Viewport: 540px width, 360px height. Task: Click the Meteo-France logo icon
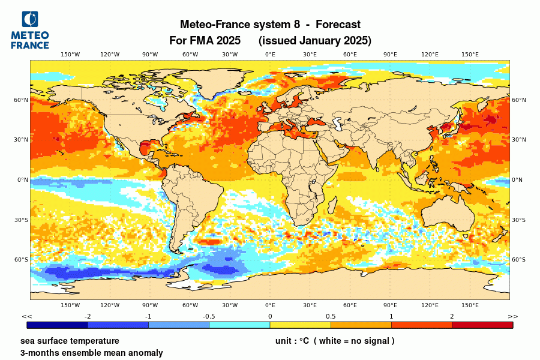pos(29,19)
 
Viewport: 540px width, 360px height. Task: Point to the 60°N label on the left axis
pos(22,100)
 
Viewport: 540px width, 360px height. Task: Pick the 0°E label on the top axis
pos(270,55)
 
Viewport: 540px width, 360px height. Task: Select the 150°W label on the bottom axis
pos(70,305)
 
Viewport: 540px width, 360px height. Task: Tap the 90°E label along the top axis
pos(390,55)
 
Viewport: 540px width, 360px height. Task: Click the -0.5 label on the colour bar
pos(209,316)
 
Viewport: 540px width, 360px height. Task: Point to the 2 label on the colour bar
pos(452,316)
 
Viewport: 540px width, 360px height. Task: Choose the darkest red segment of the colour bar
pos(482,325)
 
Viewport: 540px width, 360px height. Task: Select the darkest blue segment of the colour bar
pos(58,325)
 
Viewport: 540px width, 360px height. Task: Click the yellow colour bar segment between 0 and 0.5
pos(300,325)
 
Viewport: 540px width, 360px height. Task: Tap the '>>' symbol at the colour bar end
pos(512,316)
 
